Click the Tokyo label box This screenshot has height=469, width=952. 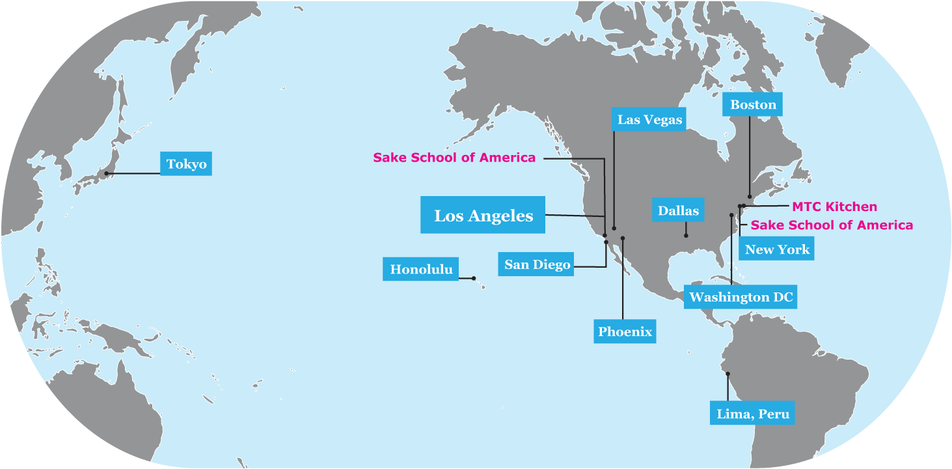pos(186,164)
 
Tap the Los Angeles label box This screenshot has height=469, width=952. pos(483,216)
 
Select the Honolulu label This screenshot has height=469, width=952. pos(421,270)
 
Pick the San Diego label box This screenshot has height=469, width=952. pos(537,264)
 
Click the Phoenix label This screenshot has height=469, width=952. pos(625,332)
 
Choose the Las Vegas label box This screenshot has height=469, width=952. pos(649,120)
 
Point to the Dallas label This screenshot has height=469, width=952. pos(678,211)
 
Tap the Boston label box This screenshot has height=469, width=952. pos(753,105)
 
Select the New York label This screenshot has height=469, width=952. pos(777,249)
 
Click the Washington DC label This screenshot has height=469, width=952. pos(741,298)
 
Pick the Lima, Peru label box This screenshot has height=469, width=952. pos(752,414)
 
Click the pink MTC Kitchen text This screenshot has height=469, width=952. pos(834,207)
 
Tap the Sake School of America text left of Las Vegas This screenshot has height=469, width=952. pos(454,158)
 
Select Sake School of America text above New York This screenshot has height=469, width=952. pos(832,225)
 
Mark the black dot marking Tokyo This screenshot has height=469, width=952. pos(106,173)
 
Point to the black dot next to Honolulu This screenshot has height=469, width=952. pos(474,278)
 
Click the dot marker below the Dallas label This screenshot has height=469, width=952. pos(686,235)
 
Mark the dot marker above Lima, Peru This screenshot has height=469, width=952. pos(728,374)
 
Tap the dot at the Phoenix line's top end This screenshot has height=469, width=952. pos(623,238)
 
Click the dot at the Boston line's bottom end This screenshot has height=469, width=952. pos(750,196)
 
